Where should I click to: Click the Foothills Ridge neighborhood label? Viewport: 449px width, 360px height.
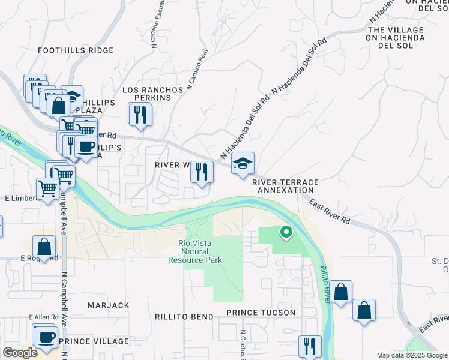click(x=76, y=50)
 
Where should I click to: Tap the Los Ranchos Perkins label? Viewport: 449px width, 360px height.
click(x=152, y=93)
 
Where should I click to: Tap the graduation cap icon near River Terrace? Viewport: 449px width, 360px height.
click(x=243, y=163)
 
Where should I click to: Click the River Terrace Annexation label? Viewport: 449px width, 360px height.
click(x=285, y=186)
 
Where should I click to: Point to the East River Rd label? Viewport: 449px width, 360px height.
click(x=330, y=212)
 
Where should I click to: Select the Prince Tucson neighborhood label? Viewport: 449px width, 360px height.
click(x=261, y=313)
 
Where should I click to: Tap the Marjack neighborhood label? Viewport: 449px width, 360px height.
click(x=109, y=305)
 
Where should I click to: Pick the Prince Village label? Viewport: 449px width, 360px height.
click(x=94, y=341)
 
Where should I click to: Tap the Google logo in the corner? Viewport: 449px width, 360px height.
click(x=20, y=353)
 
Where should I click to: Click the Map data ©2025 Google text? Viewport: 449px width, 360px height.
click(x=412, y=355)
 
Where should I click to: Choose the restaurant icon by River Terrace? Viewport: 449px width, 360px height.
click(x=202, y=172)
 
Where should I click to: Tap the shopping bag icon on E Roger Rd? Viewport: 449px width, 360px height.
click(x=44, y=246)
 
